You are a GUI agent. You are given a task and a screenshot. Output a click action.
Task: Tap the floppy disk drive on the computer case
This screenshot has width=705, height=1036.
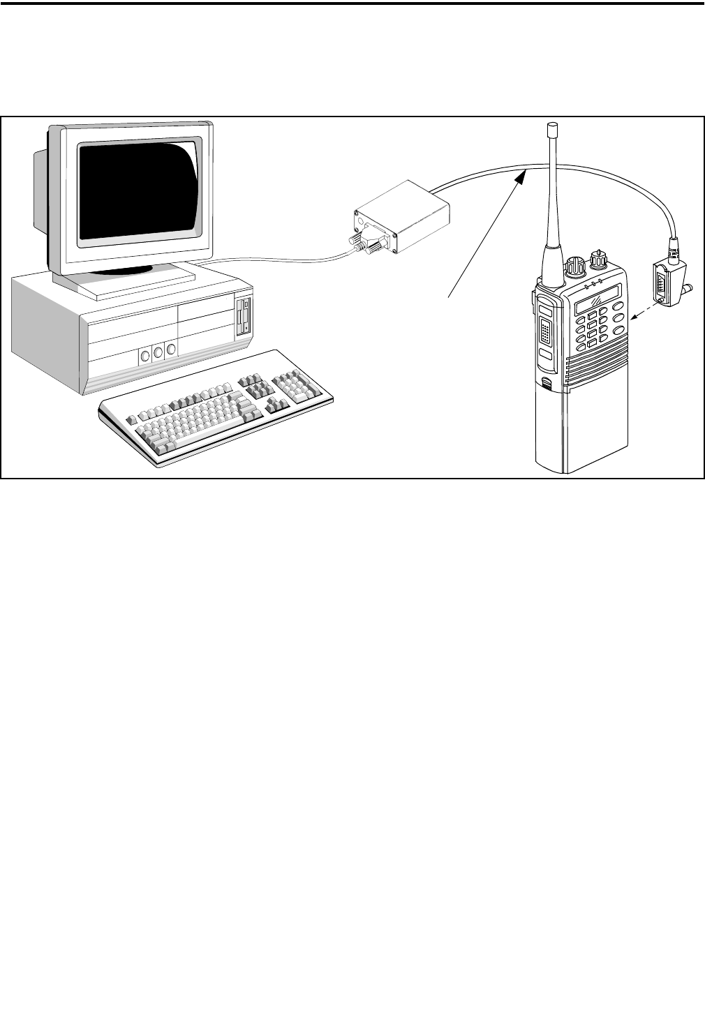tap(244, 317)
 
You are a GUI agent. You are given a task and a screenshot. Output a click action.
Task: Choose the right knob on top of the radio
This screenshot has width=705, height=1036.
tap(599, 260)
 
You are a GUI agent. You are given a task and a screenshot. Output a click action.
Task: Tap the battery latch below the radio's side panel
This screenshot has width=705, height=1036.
tap(547, 382)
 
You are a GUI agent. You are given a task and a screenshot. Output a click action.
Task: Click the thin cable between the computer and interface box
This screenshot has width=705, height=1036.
tap(279, 260)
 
